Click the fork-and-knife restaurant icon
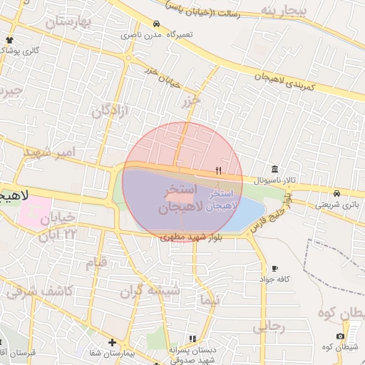coord(218,170)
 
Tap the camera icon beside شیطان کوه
coord(340,336)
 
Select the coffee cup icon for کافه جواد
coord(275,268)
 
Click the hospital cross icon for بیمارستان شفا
coord(112,343)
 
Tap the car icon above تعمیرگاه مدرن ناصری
coord(156,24)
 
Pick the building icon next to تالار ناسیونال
coord(275,169)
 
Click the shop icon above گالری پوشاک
coord(9,41)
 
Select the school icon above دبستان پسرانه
coord(192,339)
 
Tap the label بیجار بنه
coord(282,11)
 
